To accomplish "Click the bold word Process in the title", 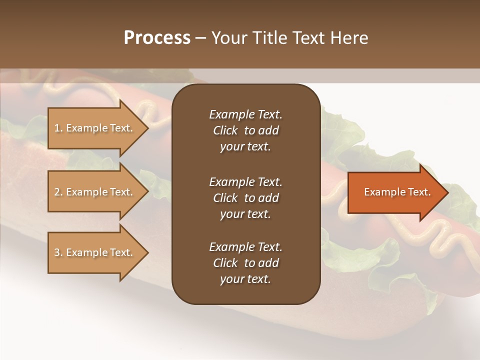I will pos(157,38).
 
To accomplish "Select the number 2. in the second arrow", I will pos(58,192).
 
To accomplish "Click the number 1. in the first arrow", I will pos(58,128).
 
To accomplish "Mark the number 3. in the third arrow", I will pos(58,252).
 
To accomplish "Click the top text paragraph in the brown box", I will pos(245,130).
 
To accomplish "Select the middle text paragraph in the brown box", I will pos(245,197).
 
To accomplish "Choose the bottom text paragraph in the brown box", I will pos(245,263).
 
